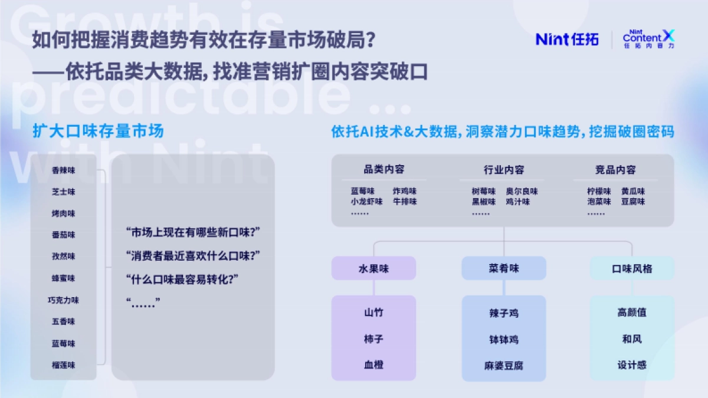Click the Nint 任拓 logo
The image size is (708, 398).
pyautogui.click(x=567, y=39)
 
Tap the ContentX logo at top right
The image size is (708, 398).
pyautogui.click(x=648, y=39)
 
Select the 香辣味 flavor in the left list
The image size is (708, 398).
pyautogui.click(x=64, y=170)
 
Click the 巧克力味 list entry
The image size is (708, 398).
pyautogui.click(x=64, y=300)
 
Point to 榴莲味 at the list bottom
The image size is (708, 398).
pyautogui.click(x=64, y=365)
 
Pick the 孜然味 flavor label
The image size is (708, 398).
pyautogui.click(x=64, y=256)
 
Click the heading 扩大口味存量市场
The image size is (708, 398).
pyautogui.click(x=98, y=131)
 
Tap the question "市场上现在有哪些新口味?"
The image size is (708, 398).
pyautogui.click(x=193, y=232)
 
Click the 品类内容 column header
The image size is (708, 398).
pyautogui.click(x=384, y=170)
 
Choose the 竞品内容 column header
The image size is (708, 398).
pyautogui.click(x=615, y=170)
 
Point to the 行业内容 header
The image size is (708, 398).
pyautogui.click(x=503, y=170)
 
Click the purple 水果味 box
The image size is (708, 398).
pyautogui.click(x=373, y=268)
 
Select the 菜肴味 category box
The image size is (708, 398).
pyautogui.click(x=504, y=268)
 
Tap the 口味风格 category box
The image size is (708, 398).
pyautogui.click(x=632, y=268)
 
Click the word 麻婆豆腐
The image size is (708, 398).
pyautogui.click(x=504, y=366)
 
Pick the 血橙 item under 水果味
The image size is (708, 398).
pyautogui.click(x=373, y=365)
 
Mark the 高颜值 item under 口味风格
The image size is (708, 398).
pyautogui.click(x=632, y=313)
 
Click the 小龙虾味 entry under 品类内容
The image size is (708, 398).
pyautogui.click(x=366, y=202)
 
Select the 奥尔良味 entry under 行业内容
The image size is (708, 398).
pyautogui.click(x=522, y=192)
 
